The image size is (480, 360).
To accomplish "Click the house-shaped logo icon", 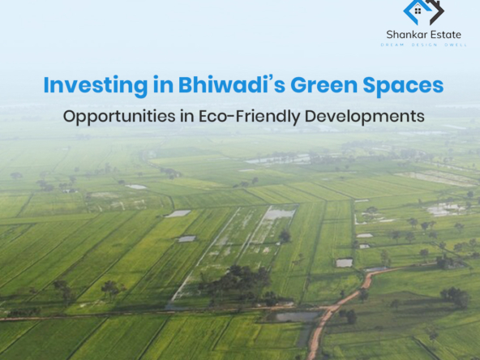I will pos(423,12).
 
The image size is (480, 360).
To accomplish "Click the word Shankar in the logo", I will pos(405,35).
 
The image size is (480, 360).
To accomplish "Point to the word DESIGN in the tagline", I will pos(422,45).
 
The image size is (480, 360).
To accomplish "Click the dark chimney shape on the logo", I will pos(435,4).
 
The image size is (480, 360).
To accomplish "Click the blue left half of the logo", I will pos(413,11).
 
